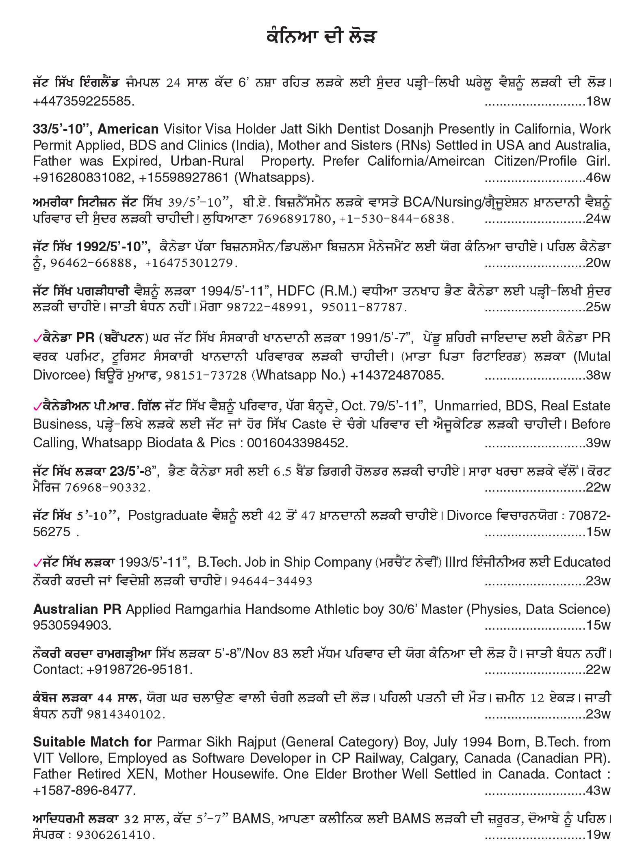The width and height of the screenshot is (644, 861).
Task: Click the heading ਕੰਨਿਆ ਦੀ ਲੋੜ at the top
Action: tap(321, 37)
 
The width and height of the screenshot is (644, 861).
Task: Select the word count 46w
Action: tap(598, 177)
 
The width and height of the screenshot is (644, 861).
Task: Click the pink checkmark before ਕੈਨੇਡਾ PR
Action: tap(37, 338)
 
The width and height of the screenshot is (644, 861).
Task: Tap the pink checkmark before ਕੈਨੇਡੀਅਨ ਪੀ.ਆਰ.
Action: tap(37, 406)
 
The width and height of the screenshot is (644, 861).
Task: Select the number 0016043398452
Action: tap(297, 442)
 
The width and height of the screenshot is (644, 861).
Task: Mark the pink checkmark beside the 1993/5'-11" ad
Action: tap(37, 563)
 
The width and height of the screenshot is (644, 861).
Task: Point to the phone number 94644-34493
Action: tap(271, 581)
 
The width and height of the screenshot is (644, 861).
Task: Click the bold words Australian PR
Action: tap(77, 609)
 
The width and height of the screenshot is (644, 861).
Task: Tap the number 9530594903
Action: tap(72, 625)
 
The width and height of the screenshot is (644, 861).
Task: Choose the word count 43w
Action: tap(598, 790)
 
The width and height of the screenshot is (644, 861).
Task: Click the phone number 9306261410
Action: tap(115, 835)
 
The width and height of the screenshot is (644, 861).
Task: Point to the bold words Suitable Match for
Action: tap(92, 742)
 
